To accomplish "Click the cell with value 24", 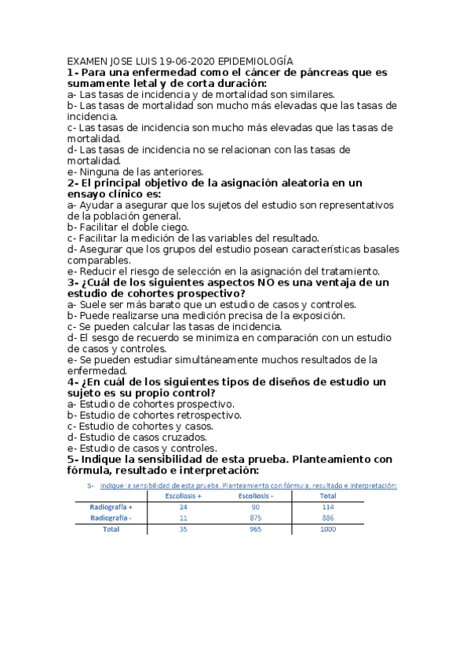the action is click(184, 507).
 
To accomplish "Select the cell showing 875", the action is click(255, 518).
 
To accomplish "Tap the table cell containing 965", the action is click(255, 529).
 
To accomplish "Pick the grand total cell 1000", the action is click(328, 529).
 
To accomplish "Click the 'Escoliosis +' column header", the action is click(184, 496).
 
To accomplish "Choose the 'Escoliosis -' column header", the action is click(255, 496).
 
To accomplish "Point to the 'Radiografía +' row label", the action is click(111, 507).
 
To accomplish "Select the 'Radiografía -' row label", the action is click(111, 518).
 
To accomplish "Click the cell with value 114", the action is click(328, 507).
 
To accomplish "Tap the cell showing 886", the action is click(328, 518).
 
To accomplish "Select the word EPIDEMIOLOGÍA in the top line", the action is click(256, 60).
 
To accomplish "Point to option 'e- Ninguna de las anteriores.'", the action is click(136, 171).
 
